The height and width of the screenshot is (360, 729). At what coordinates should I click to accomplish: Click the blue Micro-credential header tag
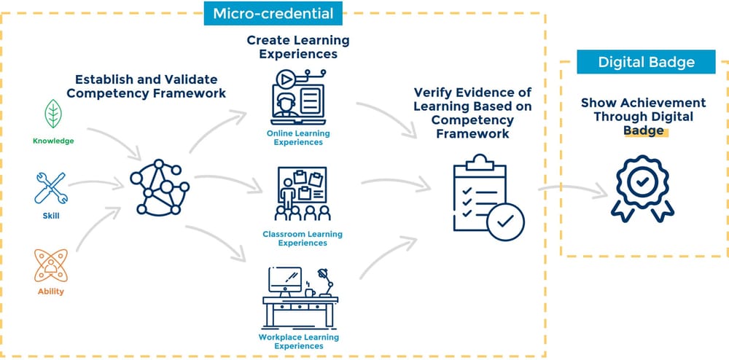(x=273, y=13)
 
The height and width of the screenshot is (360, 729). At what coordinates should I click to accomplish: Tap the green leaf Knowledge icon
(x=53, y=114)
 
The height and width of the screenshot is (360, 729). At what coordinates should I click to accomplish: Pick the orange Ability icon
(x=51, y=265)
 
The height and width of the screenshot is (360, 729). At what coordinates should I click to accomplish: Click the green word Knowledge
(x=53, y=141)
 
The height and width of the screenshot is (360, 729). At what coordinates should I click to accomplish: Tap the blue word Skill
(x=51, y=216)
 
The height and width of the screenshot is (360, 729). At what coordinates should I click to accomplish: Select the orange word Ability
(x=51, y=291)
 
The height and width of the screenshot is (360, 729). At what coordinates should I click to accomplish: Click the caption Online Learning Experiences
(x=297, y=138)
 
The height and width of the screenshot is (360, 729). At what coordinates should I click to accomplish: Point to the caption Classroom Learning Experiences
(x=303, y=238)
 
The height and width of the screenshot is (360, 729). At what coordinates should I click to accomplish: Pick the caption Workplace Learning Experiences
(x=299, y=342)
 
